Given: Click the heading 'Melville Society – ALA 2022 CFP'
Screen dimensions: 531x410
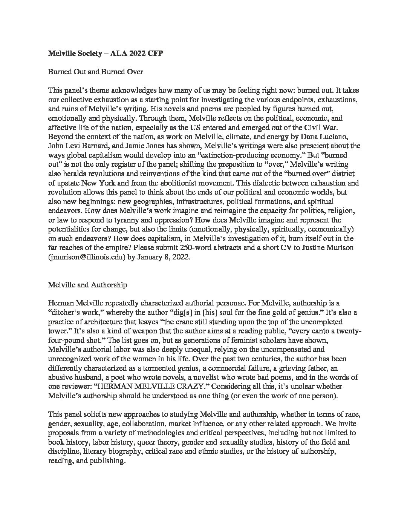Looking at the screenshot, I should (x=106, y=54).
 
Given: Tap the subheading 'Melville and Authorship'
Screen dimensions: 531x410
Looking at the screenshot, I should (x=87, y=285).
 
